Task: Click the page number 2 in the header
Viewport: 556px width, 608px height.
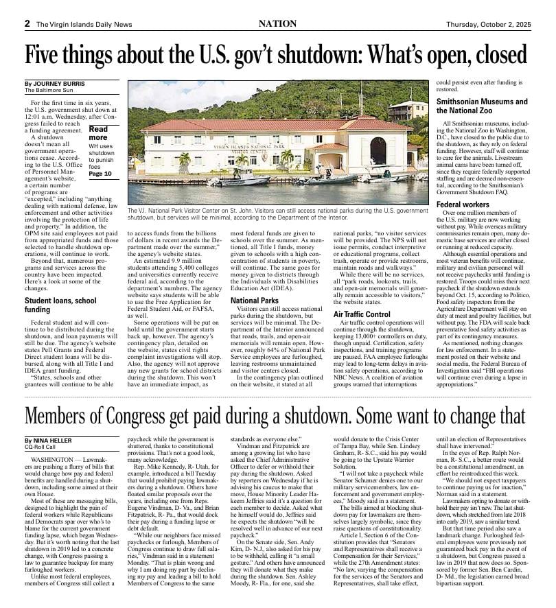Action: click(27, 23)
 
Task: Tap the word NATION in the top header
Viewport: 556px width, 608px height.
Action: click(277, 23)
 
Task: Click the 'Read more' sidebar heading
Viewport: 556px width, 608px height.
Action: click(98, 133)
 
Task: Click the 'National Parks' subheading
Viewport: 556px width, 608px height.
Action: click(255, 301)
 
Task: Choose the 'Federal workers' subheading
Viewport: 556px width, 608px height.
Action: click(463, 204)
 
